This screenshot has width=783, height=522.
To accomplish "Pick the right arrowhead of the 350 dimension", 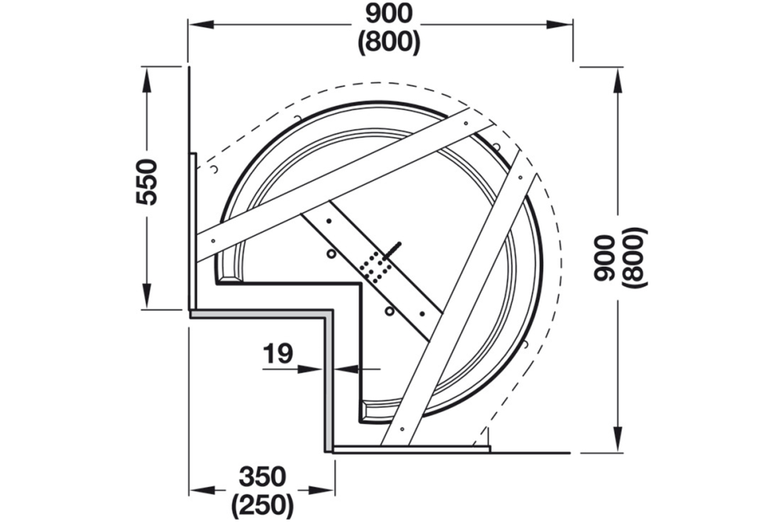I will (326, 491).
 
